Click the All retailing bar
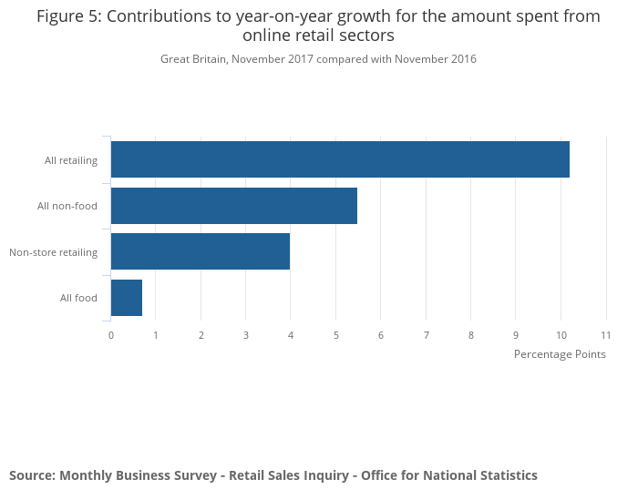339,159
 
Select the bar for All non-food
233,206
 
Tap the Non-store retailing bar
200,251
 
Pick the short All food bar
126,298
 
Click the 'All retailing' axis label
71,160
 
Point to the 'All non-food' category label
67,206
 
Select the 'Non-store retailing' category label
53,252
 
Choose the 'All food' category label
78,298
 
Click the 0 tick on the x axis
111,335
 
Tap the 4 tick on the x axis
291,335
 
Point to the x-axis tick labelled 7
426,335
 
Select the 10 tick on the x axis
561,335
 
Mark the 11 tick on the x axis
605,335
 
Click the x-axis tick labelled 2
201,335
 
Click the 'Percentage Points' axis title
560,354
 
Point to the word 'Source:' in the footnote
32,475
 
